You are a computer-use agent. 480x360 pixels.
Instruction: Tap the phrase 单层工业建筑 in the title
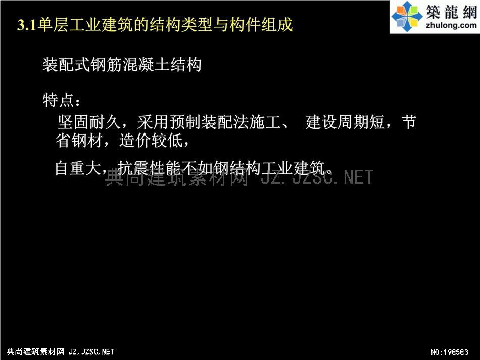click(85, 25)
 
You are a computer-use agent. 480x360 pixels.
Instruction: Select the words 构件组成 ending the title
click(261, 25)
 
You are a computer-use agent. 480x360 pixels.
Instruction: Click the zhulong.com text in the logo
click(451, 25)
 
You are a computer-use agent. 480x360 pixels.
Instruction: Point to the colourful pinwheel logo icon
click(407, 16)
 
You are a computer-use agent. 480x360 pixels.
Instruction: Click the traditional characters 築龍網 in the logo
click(452, 12)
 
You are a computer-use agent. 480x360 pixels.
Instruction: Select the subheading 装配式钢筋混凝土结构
click(122, 65)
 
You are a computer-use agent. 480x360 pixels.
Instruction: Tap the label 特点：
click(62, 100)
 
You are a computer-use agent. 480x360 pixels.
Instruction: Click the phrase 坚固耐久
click(89, 122)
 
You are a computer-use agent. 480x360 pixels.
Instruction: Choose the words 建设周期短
click(345, 122)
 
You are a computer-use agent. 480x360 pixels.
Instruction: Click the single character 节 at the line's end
click(409, 122)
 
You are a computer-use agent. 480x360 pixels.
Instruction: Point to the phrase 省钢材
click(79, 141)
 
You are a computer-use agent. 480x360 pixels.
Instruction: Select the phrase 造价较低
click(151, 141)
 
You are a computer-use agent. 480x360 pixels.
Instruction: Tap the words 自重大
click(78, 168)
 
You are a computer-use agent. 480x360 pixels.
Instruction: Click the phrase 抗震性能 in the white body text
click(149, 168)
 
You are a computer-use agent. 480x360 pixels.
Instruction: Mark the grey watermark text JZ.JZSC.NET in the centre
click(317, 177)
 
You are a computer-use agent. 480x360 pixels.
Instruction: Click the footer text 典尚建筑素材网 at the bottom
click(35, 352)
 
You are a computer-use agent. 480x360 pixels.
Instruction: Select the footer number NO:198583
click(450, 352)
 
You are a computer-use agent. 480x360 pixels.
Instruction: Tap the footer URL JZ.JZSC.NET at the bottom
click(91, 352)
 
